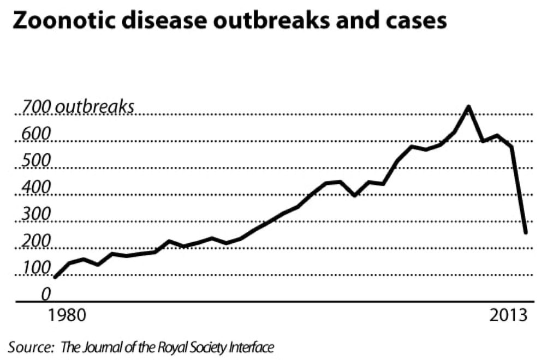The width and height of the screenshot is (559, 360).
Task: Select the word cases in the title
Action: pos(418,22)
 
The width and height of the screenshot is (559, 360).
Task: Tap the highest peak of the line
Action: pos(468,106)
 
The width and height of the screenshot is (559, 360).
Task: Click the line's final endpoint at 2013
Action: pos(526,233)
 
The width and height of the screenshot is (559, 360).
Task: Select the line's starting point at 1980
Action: pos(55,277)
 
